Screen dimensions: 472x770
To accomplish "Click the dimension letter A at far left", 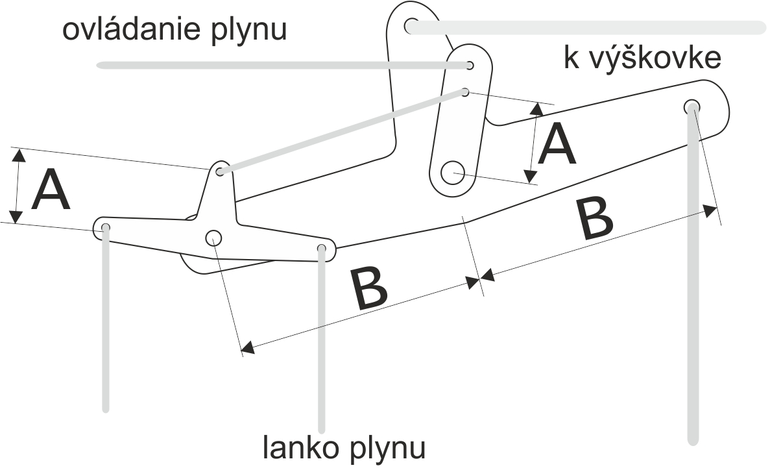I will coord(51,191).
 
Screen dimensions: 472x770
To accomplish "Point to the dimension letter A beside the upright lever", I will coord(557,145).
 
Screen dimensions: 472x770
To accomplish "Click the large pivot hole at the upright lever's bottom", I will coord(453,172).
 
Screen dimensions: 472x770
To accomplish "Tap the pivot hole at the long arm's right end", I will coord(692,106).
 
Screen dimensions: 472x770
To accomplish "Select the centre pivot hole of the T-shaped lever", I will coord(214,238).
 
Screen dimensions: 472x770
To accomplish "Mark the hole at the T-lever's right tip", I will coord(322,248).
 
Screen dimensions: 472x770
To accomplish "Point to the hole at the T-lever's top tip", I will coord(221,171).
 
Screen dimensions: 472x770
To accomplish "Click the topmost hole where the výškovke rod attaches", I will coord(411,26).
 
